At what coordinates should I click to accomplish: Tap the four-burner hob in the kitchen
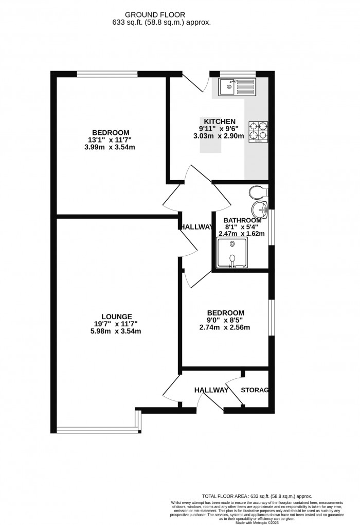click(259, 131)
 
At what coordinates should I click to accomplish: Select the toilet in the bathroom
click(258, 192)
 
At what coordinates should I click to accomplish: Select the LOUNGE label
click(117, 317)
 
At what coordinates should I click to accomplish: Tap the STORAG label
click(255, 390)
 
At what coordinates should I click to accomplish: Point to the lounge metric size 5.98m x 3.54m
click(117, 331)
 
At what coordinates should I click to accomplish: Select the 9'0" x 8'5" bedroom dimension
click(225, 320)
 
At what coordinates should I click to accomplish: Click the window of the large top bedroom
click(107, 74)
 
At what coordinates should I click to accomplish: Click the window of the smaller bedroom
click(272, 318)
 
